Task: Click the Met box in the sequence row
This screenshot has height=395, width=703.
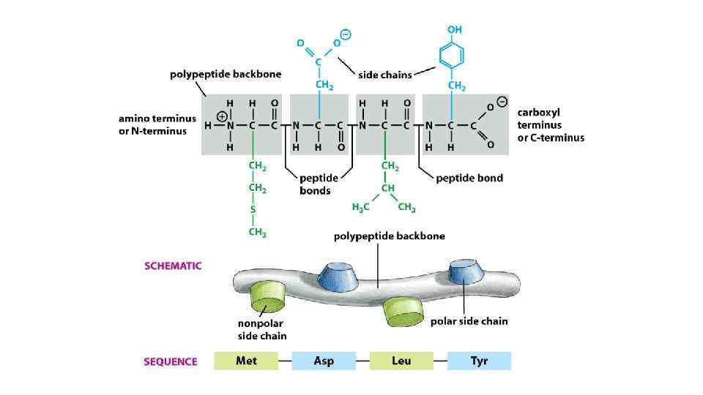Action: [x=246, y=361]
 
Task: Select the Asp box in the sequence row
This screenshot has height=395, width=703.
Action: [x=324, y=361]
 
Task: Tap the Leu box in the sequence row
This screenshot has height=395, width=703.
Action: [x=401, y=361]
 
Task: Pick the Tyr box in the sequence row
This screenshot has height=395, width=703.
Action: [x=479, y=361]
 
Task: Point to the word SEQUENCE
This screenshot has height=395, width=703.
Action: [x=171, y=361]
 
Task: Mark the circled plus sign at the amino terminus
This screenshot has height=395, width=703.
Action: [x=222, y=115]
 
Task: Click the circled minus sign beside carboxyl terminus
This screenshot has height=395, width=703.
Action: [x=502, y=102]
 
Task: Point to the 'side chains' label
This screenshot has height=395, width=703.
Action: [x=384, y=75]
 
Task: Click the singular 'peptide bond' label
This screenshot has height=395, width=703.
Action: [x=469, y=178]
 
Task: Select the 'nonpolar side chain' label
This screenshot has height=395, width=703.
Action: [x=261, y=329]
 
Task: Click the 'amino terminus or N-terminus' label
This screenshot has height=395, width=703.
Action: [x=153, y=124]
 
